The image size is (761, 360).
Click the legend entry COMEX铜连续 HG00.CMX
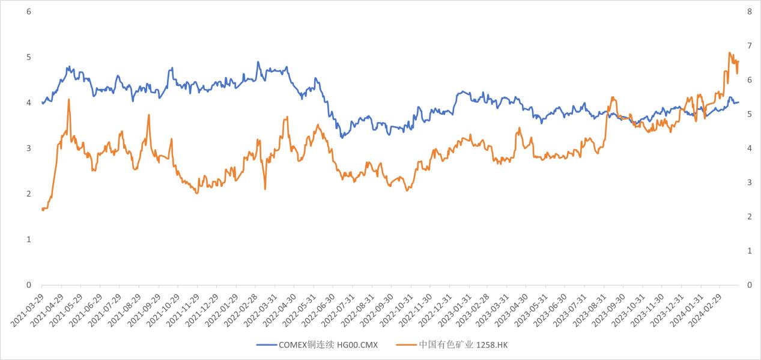(x=327, y=345)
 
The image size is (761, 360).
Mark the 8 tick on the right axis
(x=749, y=11)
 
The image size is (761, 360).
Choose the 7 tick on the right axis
(x=749, y=46)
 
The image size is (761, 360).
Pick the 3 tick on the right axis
(x=749, y=182)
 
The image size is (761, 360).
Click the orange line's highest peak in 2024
(x=729, y=52)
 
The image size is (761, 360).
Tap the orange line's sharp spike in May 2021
(x=69, y=99)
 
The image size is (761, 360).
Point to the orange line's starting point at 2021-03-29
(x=42, y=209)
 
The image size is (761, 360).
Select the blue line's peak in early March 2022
(x=258, y=61)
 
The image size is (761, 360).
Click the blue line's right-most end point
(x=738, y=102)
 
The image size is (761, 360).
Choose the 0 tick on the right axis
(x=749, y=285)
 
